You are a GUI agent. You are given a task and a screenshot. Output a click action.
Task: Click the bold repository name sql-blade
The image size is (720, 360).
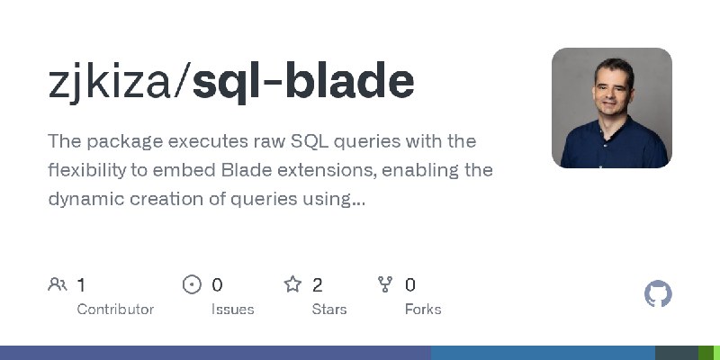coord(303,82)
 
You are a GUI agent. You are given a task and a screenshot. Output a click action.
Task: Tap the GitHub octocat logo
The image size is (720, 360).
coord(659,294)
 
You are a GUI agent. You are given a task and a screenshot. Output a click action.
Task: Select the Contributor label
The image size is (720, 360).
coord(115,309)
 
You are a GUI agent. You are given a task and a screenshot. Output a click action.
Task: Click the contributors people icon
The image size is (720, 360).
coord(58,285)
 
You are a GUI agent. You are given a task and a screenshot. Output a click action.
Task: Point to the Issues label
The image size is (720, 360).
coord(232,309)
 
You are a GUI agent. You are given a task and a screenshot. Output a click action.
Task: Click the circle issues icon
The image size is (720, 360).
coord(192,285)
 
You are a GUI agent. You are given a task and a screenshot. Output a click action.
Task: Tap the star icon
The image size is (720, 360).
coord(292,285)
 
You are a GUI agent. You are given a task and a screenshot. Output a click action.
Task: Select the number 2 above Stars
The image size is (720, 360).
coord(318,285)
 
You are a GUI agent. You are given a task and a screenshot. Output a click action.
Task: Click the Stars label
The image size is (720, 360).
coord(329,309)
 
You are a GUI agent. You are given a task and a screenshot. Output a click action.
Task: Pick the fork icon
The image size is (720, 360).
coord(386,285)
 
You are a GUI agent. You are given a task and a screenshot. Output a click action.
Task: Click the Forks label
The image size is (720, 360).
coord(423,309)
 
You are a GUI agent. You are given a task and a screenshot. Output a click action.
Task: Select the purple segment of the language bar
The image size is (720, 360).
coord(216,353)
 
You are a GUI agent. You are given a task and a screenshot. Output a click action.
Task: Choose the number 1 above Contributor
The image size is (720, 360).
coord(81,285)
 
